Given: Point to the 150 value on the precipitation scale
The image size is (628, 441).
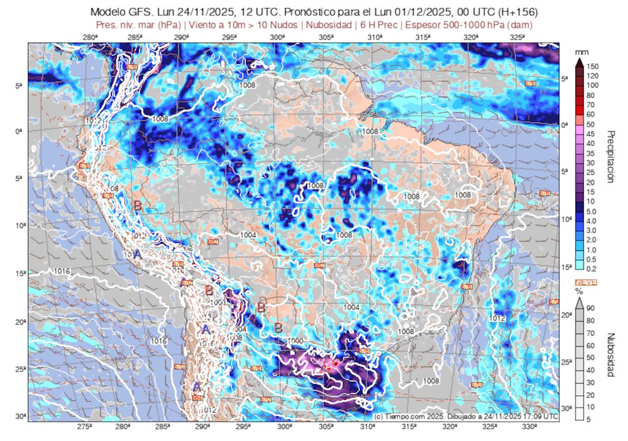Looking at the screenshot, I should point(592,66).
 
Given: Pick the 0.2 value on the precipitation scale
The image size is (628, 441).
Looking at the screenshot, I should point(592,268).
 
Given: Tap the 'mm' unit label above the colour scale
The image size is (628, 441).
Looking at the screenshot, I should point(580,53).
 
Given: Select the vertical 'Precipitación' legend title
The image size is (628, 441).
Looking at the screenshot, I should point(610,156).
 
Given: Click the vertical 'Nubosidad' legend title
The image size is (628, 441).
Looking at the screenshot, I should point(610,355).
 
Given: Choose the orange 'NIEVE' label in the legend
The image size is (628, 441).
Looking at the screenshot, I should point(586,282).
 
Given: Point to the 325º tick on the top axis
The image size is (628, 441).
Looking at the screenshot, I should point(517,37).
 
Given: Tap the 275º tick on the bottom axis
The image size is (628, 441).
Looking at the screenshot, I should point(85,426).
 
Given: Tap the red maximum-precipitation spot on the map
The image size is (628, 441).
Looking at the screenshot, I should point(335,364).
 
